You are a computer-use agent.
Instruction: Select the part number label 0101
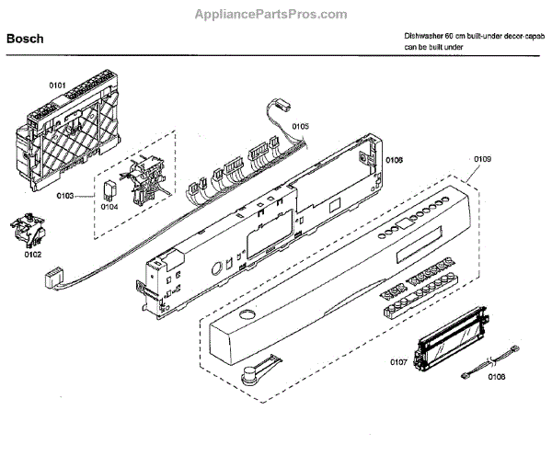(x=57, y=85)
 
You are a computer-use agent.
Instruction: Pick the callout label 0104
(x=109, y=208)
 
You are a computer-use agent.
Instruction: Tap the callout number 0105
(x=300, y=125)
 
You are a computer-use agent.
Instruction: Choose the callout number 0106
(x=394, y=160)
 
